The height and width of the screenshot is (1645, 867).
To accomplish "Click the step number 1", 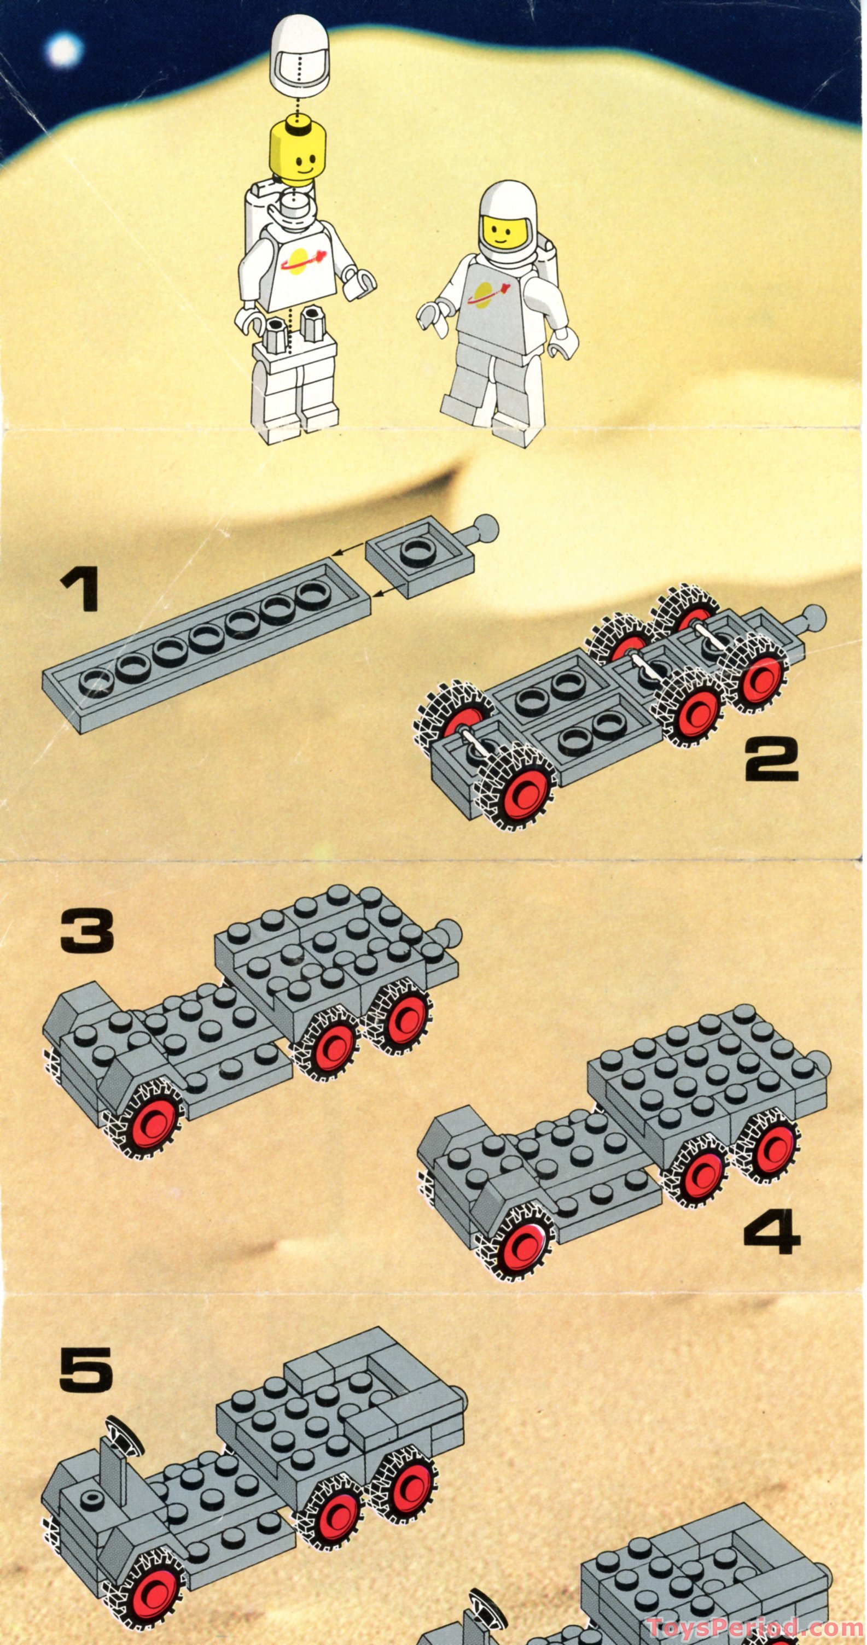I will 79,590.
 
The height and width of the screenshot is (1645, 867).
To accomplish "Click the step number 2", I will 772,759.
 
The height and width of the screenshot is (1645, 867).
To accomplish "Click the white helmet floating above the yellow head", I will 300,63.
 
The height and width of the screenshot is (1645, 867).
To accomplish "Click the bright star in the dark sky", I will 64,50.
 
